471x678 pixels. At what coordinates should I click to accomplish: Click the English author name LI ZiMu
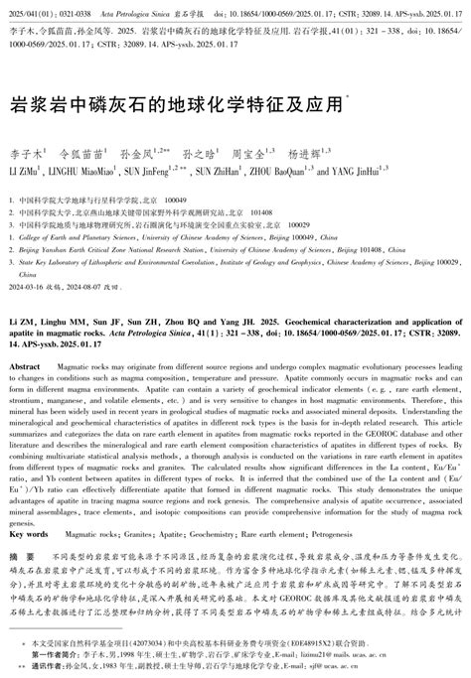26,171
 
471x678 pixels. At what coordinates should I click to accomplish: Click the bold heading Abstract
25,339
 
